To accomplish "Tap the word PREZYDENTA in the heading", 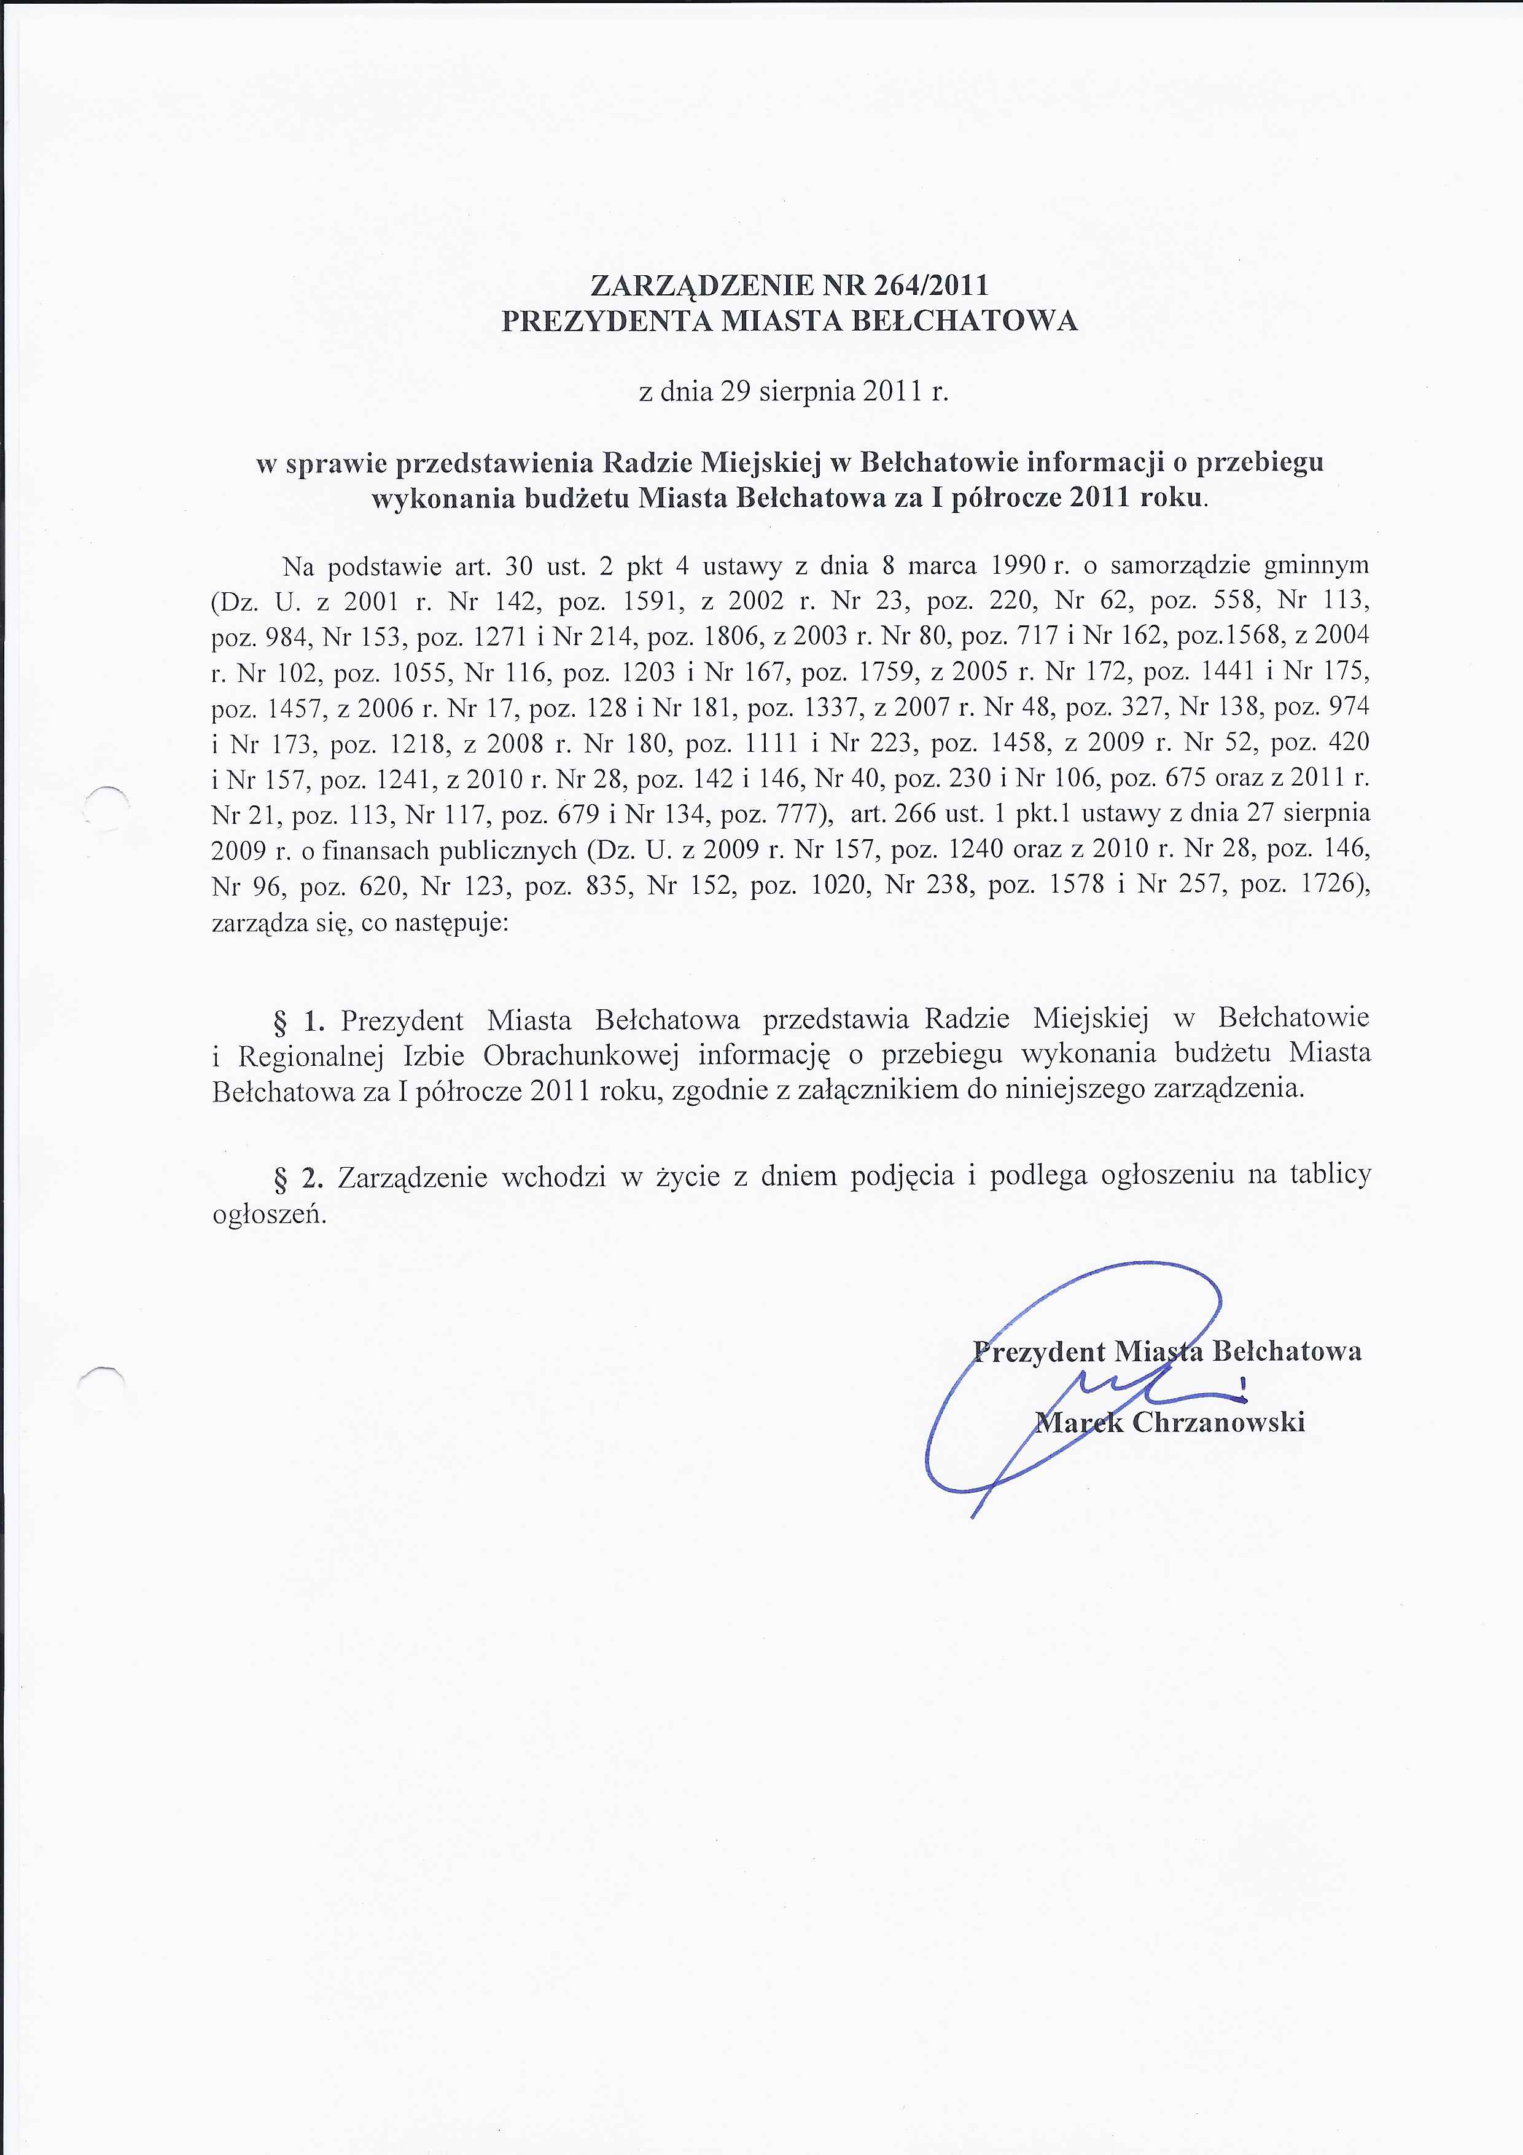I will tap(607, 321).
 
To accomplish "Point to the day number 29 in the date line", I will tap(733, 391).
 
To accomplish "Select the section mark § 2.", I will tap(297, 1176).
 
